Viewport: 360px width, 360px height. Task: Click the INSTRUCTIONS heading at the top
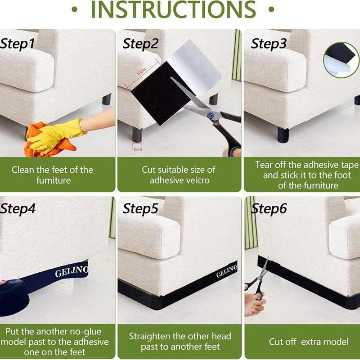(x=173, y=9)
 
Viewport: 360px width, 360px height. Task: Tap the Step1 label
(x=18, y=44)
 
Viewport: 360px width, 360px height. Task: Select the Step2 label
(x=140, y=44)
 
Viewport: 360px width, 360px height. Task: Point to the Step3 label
(x=269, y=44)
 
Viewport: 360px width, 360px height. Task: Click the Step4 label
(x=18, y=208)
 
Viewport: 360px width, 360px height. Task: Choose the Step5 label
(x=140, y=208)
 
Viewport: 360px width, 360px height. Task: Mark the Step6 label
(x=269, y=208)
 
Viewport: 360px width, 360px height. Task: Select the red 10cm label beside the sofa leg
(x=137, y=149)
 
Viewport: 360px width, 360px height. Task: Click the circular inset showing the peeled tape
(x=341, y=60)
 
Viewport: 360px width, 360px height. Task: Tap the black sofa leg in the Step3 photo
(x=283, y=135)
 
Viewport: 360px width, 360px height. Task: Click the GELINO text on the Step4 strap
(x=72, y=271)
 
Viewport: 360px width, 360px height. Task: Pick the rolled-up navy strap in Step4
(x=14, y=298)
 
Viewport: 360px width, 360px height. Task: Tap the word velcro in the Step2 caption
(x=198, y=180)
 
